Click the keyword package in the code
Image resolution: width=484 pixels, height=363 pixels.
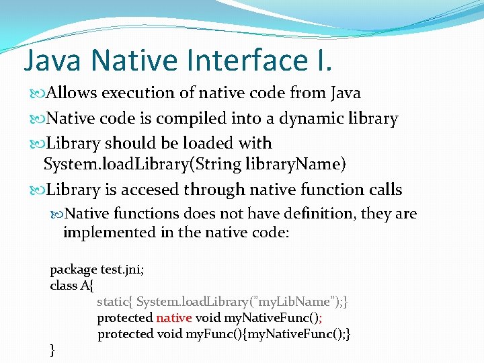[73, 270]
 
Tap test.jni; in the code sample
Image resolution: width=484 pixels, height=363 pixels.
[122, 270]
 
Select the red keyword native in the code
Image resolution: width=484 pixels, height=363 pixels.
[174, 317]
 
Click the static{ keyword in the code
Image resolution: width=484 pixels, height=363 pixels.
[114, 302]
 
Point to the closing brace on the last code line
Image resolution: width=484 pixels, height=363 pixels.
[53, 349]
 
